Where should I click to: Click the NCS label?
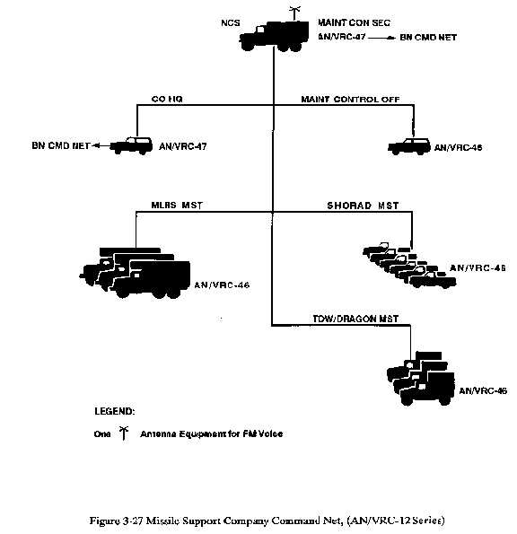[x=231, y=22]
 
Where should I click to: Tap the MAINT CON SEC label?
[x=354, y=22]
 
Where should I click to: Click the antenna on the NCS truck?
[x=294, y=13]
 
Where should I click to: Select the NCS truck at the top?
[x=274, y=36]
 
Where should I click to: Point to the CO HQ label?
[x=167, y=99]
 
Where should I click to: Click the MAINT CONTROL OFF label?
[x=350, y=99]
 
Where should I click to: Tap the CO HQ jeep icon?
[x=131, y=145]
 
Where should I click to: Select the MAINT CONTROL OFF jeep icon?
[x=409, y=147]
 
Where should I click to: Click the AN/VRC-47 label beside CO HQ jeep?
[x=183, y=146]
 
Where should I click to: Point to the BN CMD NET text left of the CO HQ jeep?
[x=61, y=145]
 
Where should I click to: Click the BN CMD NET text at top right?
[x=428, y=37]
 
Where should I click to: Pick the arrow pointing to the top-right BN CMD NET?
[x=381, y=38]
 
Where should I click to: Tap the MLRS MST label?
[x=177, y=205]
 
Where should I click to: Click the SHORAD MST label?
[x=363, y=206]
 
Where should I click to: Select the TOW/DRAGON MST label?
[x=355, y=319]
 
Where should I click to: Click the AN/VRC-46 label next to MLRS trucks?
[x=222, y=285]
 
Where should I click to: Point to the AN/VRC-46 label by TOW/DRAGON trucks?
[x=483, y=390]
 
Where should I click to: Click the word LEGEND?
[x=115, y=411]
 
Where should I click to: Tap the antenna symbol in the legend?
[x=124, y=433]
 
